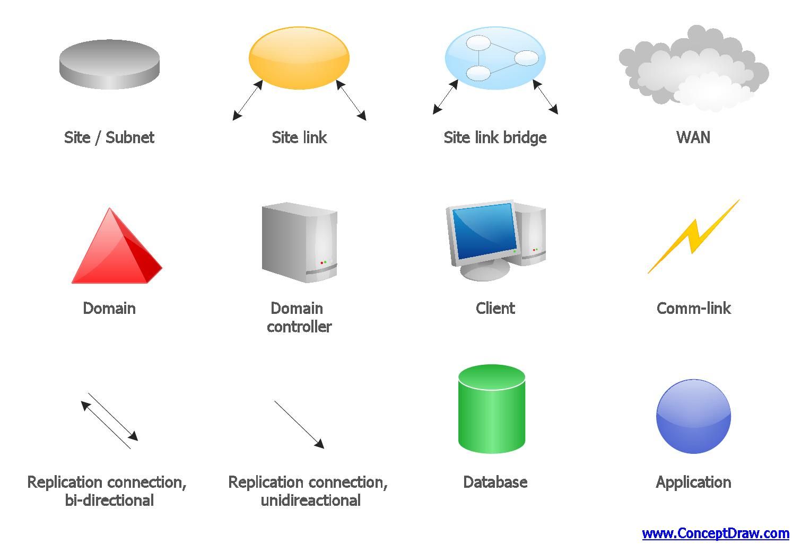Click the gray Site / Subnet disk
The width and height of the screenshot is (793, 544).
click(109, 64)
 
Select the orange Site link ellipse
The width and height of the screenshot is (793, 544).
click(299, 58)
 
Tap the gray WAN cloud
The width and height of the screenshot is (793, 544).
click(693, 68)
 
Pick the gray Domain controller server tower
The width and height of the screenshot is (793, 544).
click(300, 242)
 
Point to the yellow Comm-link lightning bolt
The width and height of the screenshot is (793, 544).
click(693, 236)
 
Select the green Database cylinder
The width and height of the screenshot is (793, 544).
click(492, 409)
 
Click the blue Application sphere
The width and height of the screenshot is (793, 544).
click(693, 417)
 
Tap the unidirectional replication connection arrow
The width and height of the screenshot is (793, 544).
click(299, 425)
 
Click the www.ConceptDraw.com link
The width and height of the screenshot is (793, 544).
click(715, 533)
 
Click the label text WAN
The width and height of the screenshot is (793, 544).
click(693, 137)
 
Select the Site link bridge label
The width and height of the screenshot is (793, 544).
click(495, 138)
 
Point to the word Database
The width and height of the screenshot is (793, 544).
click(495, 482)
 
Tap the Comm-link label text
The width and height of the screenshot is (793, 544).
click(693, 308)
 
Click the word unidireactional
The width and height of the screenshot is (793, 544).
click(311, 501)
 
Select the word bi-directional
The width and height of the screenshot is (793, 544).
click(109, 501)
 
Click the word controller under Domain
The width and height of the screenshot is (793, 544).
click(299, 327)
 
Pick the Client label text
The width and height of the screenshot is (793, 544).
click(495, 308)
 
